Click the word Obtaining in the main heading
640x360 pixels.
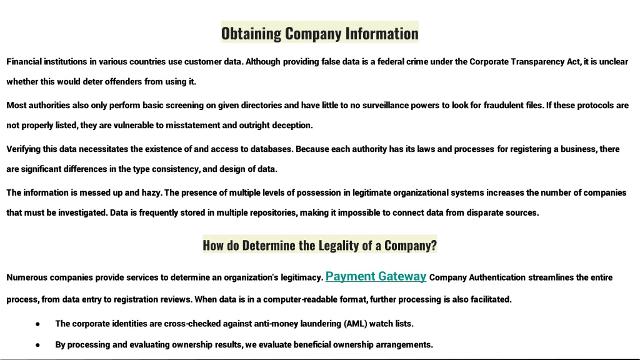[x=251, y=34]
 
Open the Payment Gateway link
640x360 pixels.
[x=376, y=276]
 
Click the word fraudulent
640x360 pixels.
[x=503, y=105]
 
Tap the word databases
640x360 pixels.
[x=272, y=149]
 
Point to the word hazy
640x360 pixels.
[x=152, y=193]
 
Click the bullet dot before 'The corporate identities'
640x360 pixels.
[x=37, y=324]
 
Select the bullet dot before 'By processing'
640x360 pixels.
[x=37, y=345]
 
